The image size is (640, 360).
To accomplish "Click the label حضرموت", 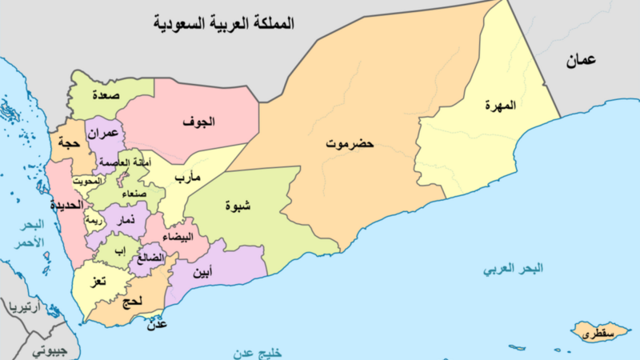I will [350, 145].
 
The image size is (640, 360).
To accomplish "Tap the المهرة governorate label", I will [501, 106].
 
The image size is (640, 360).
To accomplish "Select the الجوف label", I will [198, 122].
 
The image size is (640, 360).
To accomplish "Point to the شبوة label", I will [238, 204].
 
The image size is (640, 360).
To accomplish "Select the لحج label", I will [133, 302].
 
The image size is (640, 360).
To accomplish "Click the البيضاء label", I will [175, 238].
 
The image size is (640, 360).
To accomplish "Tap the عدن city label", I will [157, 326].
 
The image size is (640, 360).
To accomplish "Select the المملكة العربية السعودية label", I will [225, 23].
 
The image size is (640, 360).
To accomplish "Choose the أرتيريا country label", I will [25, 307].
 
